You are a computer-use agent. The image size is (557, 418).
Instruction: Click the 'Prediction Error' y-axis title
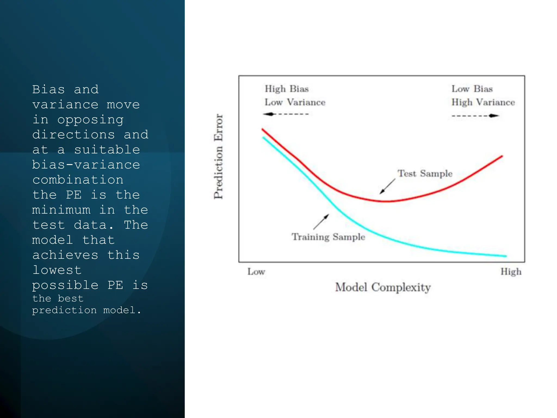(218, 156)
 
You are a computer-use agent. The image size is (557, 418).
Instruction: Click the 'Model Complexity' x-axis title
(383, 287)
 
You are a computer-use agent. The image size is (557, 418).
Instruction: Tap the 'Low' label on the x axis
(256, 272)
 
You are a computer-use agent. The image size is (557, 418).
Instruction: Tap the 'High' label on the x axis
(511, 272)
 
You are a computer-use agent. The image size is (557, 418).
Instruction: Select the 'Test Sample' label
(425, 174)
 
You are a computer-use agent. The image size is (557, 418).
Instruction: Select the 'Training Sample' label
(328, 237)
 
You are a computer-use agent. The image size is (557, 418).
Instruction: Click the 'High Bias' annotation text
(287, 89)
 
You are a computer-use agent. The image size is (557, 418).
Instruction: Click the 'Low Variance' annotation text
(295, 102)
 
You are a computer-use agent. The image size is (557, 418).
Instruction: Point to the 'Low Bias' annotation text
(472, 89)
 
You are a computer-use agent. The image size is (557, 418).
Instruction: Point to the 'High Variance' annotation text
(483, 102)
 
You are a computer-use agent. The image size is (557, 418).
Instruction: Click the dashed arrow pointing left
(286, 114)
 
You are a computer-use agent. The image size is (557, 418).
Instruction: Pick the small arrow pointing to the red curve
(388, 186)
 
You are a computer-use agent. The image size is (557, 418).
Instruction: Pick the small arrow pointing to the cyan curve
(321, 222)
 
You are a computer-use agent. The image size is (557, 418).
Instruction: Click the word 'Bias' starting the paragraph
(48, 90)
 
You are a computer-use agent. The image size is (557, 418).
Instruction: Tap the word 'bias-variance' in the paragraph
(86, 165)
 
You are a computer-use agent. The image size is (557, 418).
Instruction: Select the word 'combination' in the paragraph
(78, 180)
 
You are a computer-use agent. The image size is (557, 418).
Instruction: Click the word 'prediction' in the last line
(64, 310)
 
